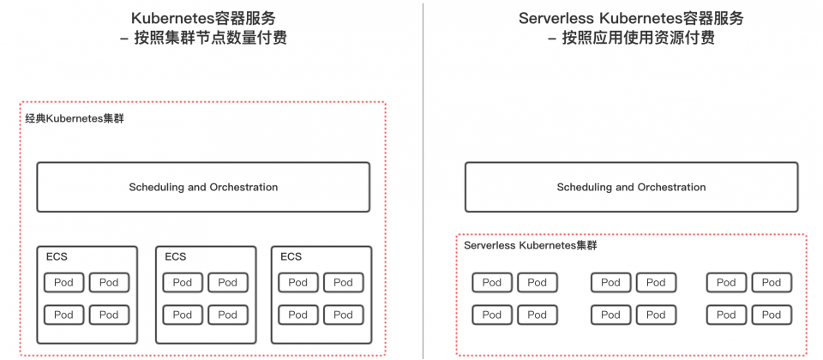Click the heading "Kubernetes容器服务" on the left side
pos(203,18)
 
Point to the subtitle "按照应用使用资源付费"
pos(638,39)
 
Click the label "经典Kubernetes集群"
pos(75,118)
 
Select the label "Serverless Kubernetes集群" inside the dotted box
pos(530,245)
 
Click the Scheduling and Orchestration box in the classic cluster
pos(203,187)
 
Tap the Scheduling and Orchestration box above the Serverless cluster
pos(632,187)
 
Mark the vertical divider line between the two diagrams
pos(423,180)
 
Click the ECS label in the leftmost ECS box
pos(57,256)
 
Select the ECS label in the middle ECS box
pos(175,256)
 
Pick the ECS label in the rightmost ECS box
pos(291,256)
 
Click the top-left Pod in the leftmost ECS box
pos(63,282)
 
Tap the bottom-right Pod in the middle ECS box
pos(228,315)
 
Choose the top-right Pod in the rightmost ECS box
pos(343,282)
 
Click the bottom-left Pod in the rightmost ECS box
pos(298,315)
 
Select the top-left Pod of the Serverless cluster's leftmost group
pos(492,282)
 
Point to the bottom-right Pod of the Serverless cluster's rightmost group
pos(772,315)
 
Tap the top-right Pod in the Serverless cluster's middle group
pos(656,282)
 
